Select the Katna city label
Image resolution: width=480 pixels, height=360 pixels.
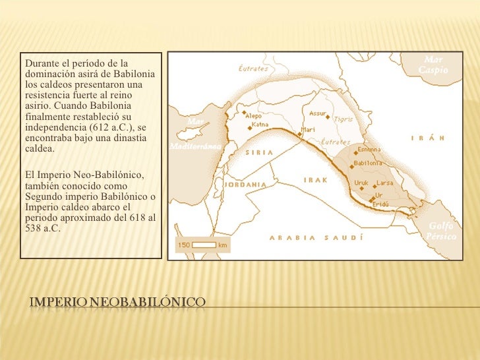pyautogui.click(x=260, y=125)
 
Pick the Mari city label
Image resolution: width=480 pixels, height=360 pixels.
pyautogui.click(x=307, y=129)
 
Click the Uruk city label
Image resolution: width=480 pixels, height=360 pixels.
pyautogui.click(x=361, y=183)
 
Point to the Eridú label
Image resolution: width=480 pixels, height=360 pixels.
pyautogui.click(x=380, y=205)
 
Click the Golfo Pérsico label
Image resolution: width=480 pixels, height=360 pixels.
pyautogui.click(x=440, y=231)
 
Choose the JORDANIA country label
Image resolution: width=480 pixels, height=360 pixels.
pyautogui.click(x=245, y=185)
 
